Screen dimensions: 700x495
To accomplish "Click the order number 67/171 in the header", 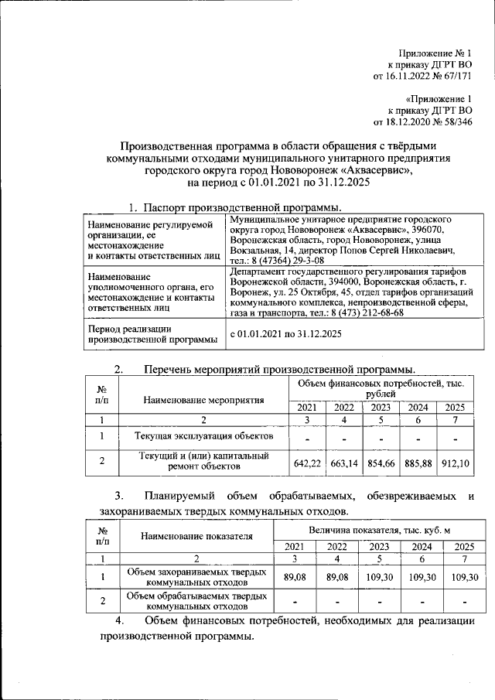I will [x=455, y=77].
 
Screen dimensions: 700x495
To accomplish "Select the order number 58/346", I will [x=455, y=121].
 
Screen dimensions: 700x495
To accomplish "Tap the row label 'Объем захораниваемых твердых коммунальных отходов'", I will [x=197, y=576].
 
